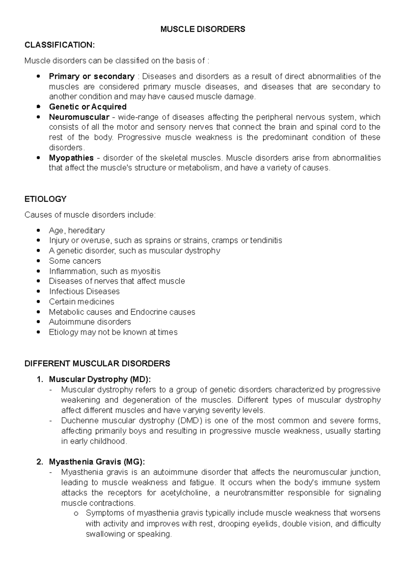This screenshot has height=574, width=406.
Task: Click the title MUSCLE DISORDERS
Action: coord(203,29)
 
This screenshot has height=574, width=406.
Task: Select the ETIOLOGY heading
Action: coord(45,199)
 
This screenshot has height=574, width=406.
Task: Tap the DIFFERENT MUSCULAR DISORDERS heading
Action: coord(97,363)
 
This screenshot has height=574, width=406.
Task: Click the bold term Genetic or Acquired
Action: coord(88,107)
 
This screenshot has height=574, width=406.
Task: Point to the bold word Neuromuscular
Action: coord(79,117)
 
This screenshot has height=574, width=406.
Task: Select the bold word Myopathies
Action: coord(71,158)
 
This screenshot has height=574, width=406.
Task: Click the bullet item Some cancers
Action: coord(75,261)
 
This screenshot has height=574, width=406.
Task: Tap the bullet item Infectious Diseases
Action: coord(84,291)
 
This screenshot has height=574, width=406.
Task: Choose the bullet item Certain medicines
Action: coord(82,302)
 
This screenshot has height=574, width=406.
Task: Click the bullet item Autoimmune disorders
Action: coord(90,322)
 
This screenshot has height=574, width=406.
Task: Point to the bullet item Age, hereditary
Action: coord(77,230)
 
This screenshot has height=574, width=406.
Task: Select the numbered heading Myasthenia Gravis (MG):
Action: coord(97,462)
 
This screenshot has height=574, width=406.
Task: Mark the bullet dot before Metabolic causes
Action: coord(40,312)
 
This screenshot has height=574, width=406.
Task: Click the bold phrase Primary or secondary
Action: coord(92,76)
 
